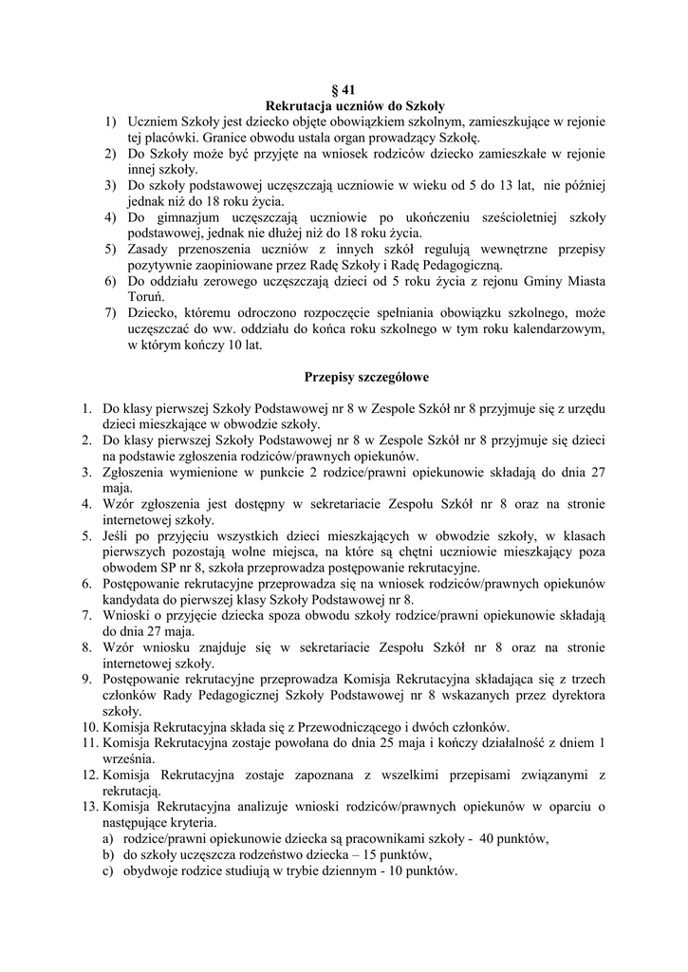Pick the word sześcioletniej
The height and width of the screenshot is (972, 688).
coord(517,217)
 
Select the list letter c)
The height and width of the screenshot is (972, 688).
coord(110,870)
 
